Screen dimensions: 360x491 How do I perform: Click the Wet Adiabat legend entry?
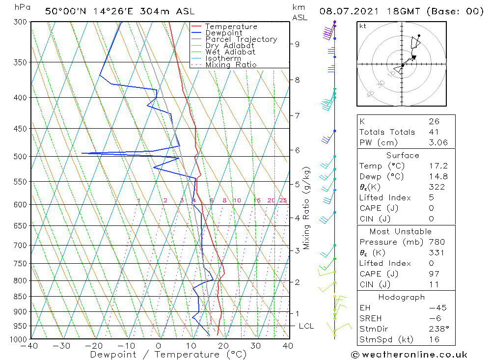tap(230, 52)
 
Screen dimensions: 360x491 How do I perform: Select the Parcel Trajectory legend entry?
tap(241, 39)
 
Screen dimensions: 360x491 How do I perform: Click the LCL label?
tap(306, 326)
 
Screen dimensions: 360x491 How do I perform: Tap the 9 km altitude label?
tap(297, 44)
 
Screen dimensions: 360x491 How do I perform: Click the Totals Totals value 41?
tap(434, 132)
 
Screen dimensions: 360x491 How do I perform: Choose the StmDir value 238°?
tap(436, 329)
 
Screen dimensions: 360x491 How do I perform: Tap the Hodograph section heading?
tap(402, 297)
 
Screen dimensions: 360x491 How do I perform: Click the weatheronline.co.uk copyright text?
tap(409, 355)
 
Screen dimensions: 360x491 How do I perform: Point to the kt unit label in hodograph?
tap(363, 26)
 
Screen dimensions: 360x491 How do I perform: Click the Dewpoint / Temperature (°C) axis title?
tap(161, 355)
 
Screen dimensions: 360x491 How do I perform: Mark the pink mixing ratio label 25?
tap(283, 200)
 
